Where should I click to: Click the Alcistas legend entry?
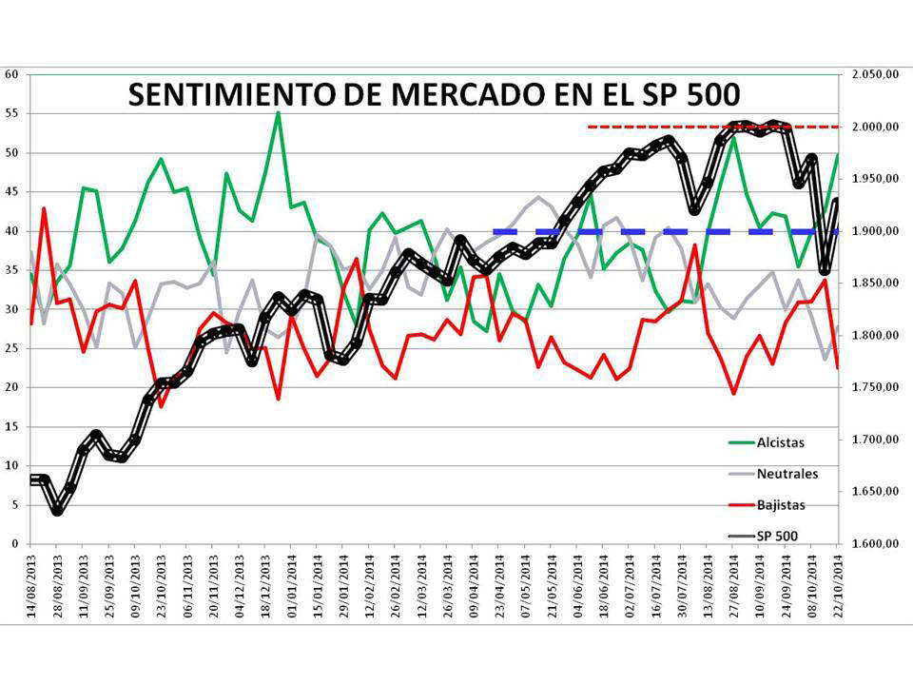780,442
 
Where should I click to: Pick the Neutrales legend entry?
787,474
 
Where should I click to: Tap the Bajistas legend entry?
781,505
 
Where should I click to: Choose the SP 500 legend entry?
777,537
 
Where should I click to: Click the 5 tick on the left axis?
14,505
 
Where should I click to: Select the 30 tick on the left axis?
11,309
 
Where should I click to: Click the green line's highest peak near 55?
278,112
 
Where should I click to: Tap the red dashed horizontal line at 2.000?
713,127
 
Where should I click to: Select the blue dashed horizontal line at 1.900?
666,231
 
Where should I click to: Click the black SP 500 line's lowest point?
58,510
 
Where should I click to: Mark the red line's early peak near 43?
44,208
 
